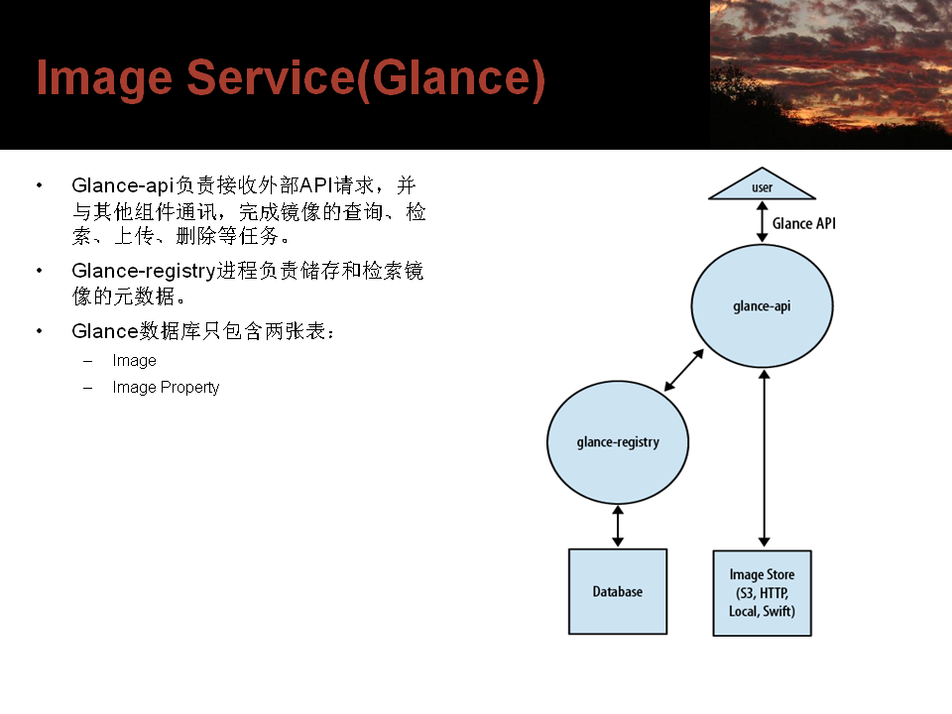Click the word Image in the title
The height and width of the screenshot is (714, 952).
pos(104,78)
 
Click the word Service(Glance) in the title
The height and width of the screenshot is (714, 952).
pos(366,78)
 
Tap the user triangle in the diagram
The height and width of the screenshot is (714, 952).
pos(762,184)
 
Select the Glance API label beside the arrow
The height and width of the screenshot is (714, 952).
pos(804,223)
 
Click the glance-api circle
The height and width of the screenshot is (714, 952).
pos(762,306)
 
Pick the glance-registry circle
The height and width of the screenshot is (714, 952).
pos(618,442)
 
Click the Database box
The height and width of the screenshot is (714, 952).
pos(618,592)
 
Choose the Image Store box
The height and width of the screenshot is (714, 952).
pos(762,593)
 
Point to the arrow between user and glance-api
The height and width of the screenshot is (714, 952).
pos(762,221)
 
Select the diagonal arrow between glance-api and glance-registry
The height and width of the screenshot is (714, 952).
pos(684,370)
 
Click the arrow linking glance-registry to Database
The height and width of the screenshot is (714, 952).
pos(618,526)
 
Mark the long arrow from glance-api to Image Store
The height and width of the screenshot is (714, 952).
pos(764,458)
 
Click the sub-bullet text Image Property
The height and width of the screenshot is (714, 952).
pos(166,388)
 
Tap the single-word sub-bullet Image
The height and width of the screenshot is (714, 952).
pos(134,361)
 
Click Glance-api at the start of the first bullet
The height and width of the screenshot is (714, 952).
pos(123,185)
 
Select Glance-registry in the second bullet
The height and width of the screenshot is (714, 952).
pos(143,271)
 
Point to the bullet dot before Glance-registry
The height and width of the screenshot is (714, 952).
pos(40,271)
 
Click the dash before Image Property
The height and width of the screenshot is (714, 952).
pos(88,388)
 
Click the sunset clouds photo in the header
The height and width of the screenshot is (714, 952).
pos(831,74)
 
